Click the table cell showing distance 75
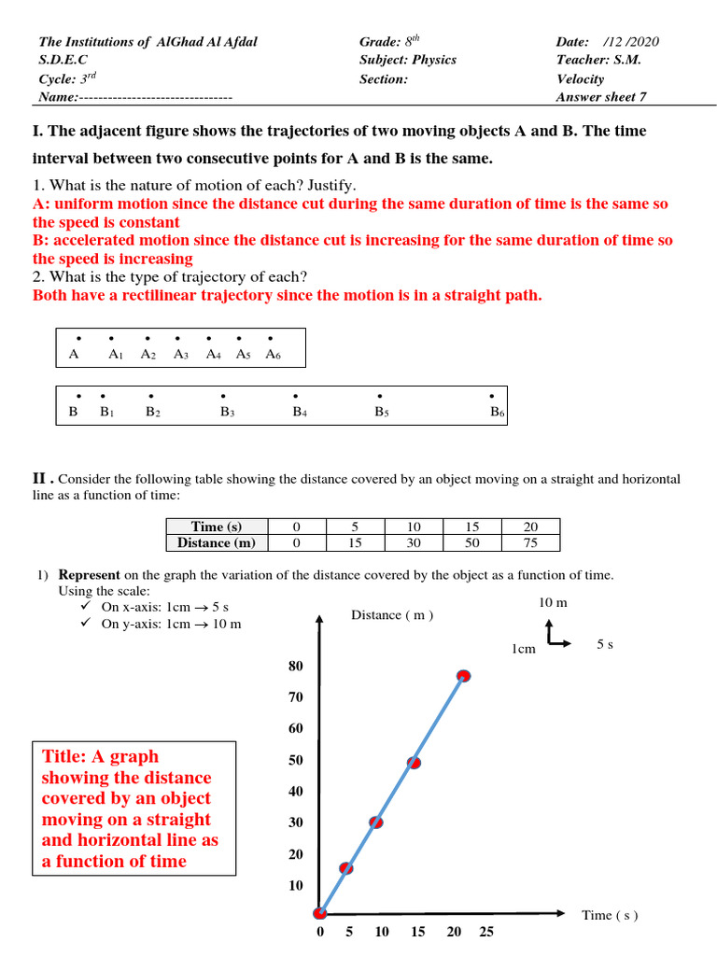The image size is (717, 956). [x=530, y=542]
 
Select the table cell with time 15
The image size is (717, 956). [x=471, y=527]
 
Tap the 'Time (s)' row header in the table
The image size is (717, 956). [x=217, y=527]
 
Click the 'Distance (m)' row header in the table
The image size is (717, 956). [x=217, y=542]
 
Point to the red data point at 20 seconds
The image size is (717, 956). [x=463, y=675]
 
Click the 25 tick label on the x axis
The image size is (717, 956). [x=486, y=932]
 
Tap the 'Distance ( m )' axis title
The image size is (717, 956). [x=392, y=614]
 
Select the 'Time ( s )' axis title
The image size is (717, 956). [x=610, y=915]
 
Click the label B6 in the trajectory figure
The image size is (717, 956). [x=498, y=412]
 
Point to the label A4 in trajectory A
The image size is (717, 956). [x=213, y=355]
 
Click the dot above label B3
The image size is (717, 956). [x=223, y=396]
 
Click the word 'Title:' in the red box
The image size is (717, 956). [x=71, y=756]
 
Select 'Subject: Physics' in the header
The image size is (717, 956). [x=408, y=60]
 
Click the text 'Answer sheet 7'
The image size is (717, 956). [x=601, y=96]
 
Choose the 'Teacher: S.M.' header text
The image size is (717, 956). [x=598, y=60]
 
